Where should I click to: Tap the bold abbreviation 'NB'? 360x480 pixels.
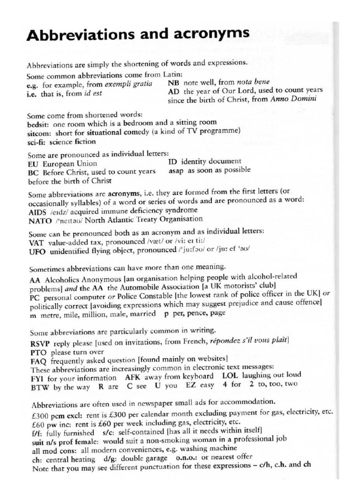click(173, 82)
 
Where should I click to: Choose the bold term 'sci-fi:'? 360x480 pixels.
click(37, 141)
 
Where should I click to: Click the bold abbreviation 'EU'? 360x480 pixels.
click(34, 164)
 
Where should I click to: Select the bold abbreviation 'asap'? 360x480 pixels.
click(177, 171)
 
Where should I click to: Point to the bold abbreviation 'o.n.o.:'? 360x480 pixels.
click(187, 457)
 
